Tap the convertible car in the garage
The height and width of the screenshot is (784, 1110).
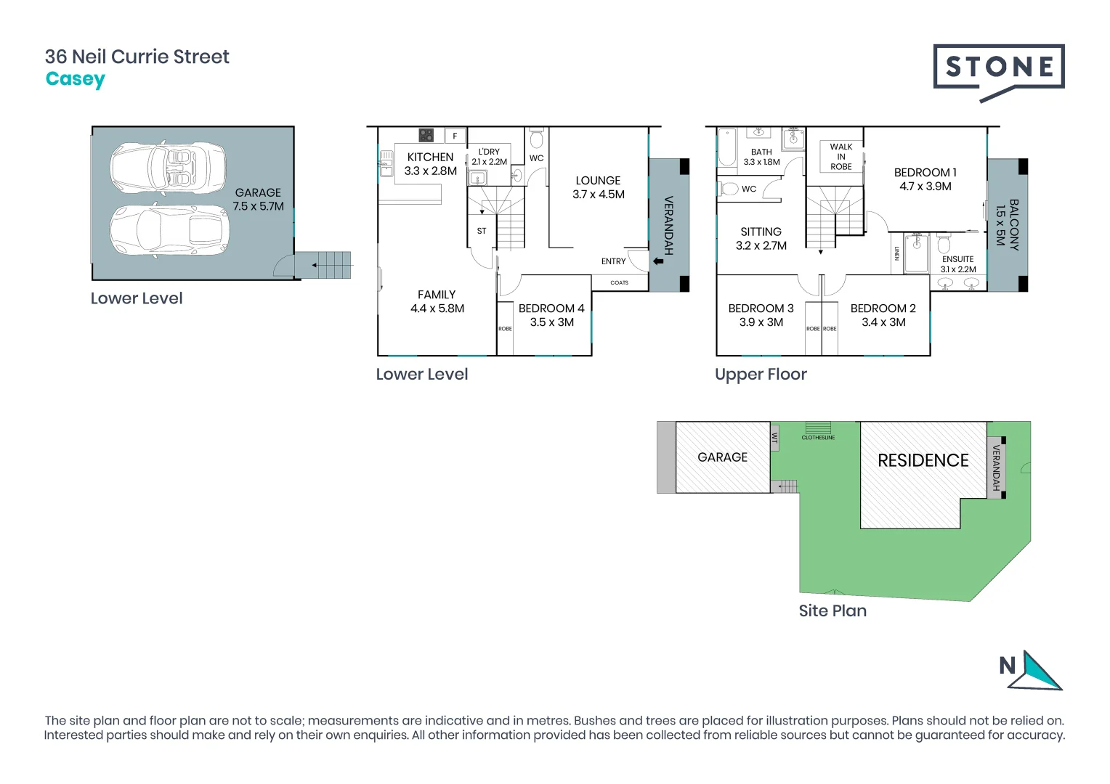click(169, 167)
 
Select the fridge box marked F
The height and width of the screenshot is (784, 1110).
click(455, 136)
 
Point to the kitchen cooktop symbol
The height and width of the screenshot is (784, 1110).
click(426, 135)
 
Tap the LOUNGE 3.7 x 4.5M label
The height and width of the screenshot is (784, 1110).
click(598, 187)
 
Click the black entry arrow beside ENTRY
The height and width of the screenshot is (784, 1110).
click(658, 261)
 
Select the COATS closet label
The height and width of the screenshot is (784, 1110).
click(619, 282)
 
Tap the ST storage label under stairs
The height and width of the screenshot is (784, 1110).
click(482, 231)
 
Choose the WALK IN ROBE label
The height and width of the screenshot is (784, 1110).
click(841, 157)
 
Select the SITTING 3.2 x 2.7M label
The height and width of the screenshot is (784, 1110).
click(761, 238)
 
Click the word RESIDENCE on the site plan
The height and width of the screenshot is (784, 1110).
click(923, 460)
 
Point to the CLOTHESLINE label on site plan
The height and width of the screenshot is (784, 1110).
click(818, 438)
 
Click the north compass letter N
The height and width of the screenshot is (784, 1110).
click(1007, 666)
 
